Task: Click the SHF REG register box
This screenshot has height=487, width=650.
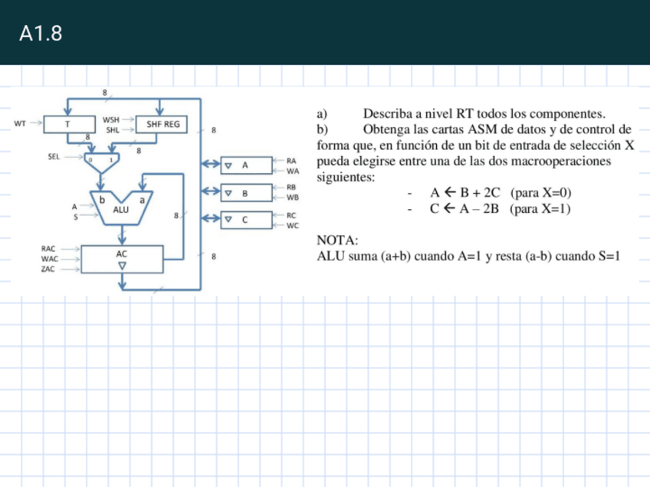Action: click(162, 124)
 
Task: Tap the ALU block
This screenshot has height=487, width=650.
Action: click(121, 208)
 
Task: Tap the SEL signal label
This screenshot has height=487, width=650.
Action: click(54, 155)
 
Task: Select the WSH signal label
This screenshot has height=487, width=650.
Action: click(111, 119)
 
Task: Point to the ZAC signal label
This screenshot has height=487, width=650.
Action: click(48, 270)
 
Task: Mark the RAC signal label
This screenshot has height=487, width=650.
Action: click(48, 249)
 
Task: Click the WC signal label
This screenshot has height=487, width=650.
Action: click(291, 226)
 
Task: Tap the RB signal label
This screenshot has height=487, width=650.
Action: click(291, 186)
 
